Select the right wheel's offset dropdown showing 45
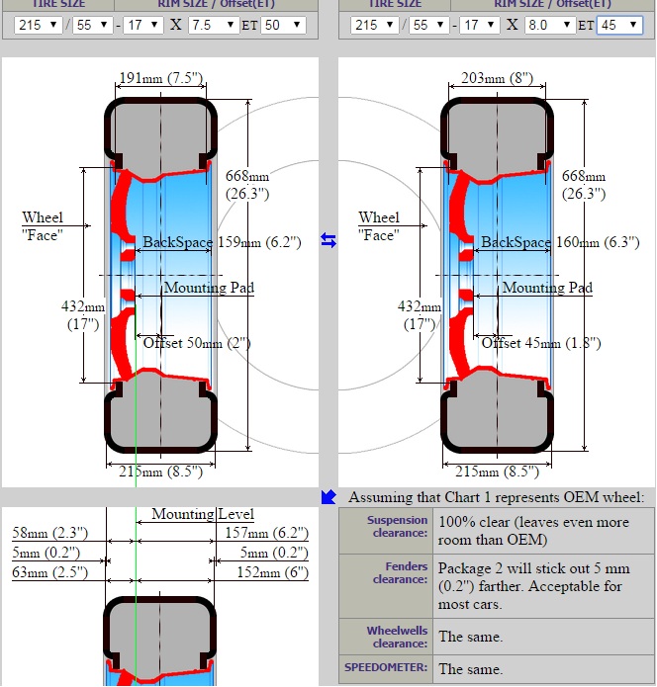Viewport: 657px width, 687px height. pyautogui.click(x=619, y=24)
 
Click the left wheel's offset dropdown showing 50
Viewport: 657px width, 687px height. pyautogui.click(x=282, y=24)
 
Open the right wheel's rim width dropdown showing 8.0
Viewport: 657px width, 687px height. pyautogui.click(x=549, y=24)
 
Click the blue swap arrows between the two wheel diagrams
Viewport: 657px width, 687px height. pyautogui.click(x=328, y=240)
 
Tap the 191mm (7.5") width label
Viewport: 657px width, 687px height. pyautogui.click(x=161, y=79)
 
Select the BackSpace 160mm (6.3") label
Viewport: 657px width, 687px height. pyautogui.click(x=559, y=242)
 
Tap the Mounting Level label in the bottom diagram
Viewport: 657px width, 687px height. pyautogui.click(x=202, y=514)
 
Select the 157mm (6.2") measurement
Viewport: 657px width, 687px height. pyautogui.click(x=272, y=534)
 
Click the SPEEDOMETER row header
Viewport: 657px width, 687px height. pyautogui.click(x=386, y=667)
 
